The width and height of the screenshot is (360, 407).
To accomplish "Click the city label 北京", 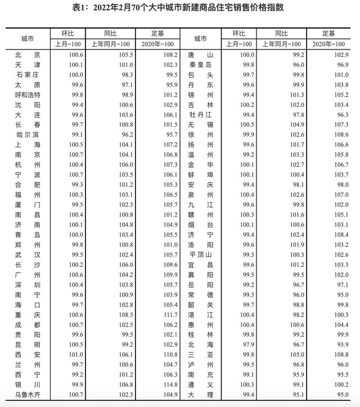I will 28,55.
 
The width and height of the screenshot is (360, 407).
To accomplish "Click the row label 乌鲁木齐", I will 28,394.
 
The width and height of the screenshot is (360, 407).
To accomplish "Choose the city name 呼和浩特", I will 28,95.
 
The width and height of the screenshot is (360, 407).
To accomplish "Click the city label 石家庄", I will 28,74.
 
